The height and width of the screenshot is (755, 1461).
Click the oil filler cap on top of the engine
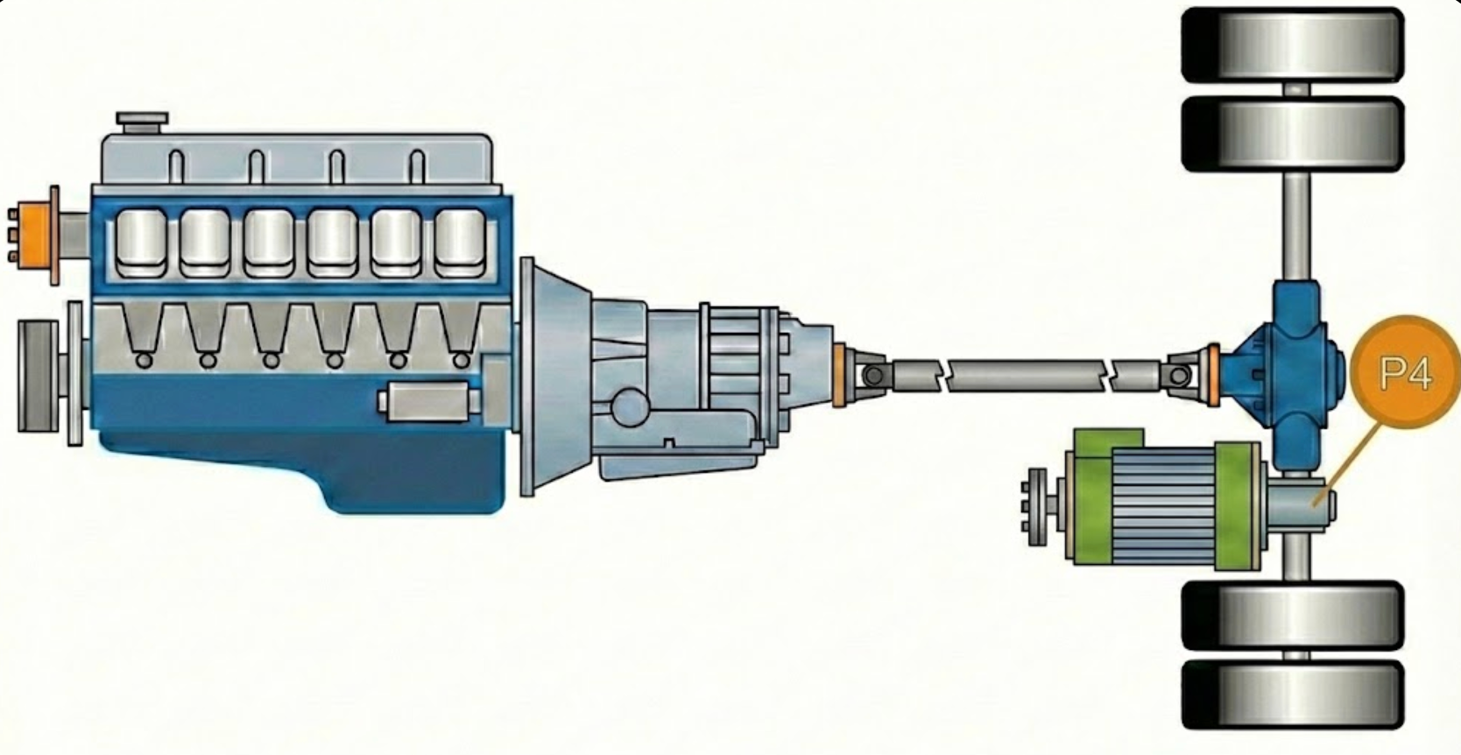[x=142, y=122]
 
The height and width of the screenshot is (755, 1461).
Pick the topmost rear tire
[x=1293, y=45]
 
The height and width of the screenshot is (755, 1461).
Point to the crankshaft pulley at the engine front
[x=39, y=377]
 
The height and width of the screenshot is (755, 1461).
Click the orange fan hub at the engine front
[x=36, y=235]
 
